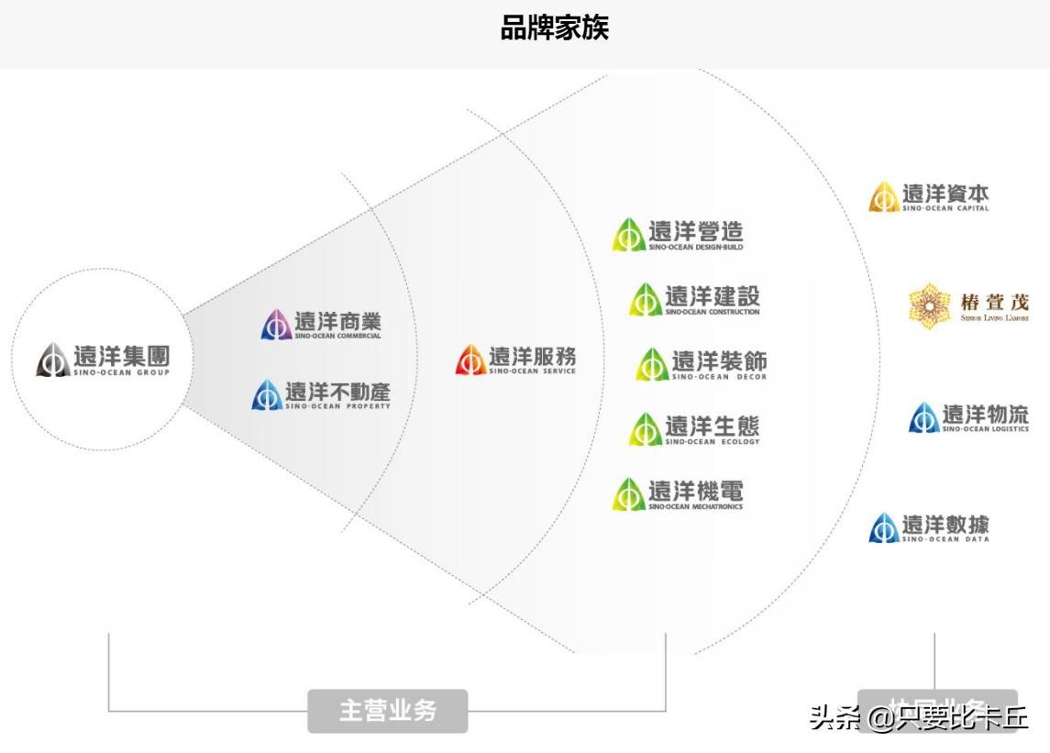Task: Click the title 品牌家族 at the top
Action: tap(554, 28)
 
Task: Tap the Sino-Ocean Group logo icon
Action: tap(52, 360)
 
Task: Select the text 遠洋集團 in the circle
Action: tap(121, 355)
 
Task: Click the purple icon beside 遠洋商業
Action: tap(276, 325)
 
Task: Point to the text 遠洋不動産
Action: tap(337, 392)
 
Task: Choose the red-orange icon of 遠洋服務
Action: tap(470, 360)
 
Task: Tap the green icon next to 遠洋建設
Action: tap(645, 300)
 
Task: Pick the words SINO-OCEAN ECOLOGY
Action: tap(713, 442)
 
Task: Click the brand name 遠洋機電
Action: tap(696, 491)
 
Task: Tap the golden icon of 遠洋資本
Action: tap(883, 197)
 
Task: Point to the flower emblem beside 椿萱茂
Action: tap(928, 306)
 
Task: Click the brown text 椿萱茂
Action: tap(994, 303)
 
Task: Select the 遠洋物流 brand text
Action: tap(986, 415)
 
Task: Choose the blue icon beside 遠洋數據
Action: tap(883, 528)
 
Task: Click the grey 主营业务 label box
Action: tap(387, 711)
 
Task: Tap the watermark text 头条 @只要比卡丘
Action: tap(918, 716)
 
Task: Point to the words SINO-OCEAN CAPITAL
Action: tap(945, 209)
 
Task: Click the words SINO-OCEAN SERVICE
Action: tap(532, 371)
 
